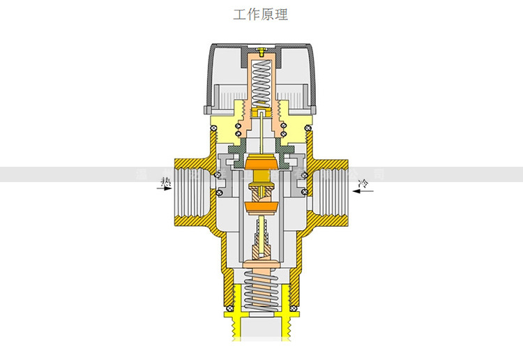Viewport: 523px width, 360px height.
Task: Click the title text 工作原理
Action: pos(260,14)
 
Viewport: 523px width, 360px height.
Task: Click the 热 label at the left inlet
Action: pos(166,182)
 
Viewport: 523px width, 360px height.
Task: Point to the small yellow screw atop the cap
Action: pos(260,51)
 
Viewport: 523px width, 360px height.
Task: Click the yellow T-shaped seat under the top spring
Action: pos(260,111)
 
